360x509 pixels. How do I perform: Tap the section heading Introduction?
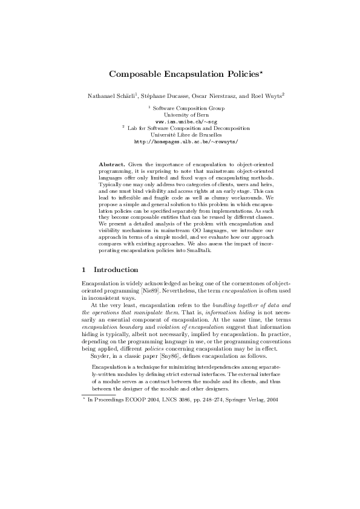point(116,269)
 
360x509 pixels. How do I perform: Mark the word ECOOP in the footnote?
point(133,400)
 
